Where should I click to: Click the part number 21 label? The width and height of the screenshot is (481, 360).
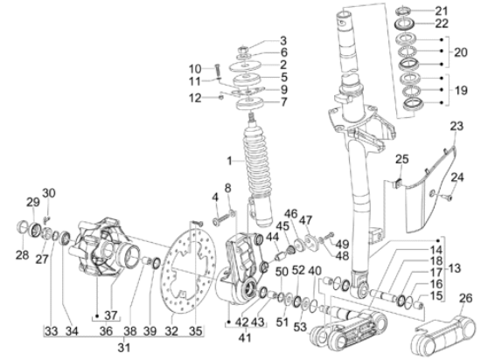[442, 11]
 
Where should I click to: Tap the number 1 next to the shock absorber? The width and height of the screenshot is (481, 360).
[229, 161]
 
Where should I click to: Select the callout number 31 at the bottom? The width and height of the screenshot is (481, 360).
[123, 347]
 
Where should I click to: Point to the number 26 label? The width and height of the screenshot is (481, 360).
[466, 298]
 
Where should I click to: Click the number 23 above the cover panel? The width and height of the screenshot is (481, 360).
[457, 126]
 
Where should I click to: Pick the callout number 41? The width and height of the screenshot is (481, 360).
[245, 337]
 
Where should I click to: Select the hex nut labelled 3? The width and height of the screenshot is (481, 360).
[243, 49]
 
